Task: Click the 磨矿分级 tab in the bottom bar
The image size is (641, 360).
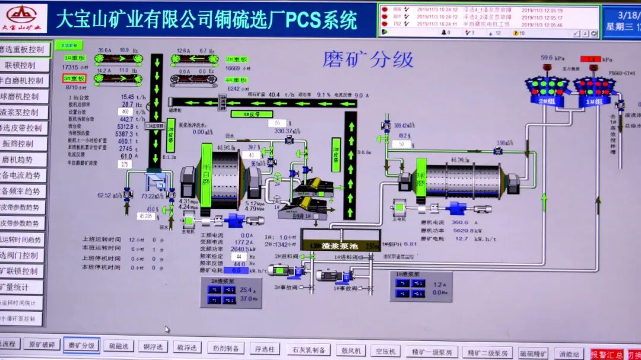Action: [x=81, y=345]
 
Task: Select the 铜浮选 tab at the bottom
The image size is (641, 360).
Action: [x=153, y=346]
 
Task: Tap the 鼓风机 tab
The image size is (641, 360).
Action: [x=350, y=350]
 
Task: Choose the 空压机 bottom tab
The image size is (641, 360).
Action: [x=385, y=351]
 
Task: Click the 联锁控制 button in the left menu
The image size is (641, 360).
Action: [x=20, y=65]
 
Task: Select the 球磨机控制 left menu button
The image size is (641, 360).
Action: [x=20, y=96]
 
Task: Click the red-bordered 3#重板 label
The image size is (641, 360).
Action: [x=74, y=78]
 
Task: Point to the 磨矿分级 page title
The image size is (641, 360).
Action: [x=367, y=59]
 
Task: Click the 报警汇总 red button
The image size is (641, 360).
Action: [x=606, y=354]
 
